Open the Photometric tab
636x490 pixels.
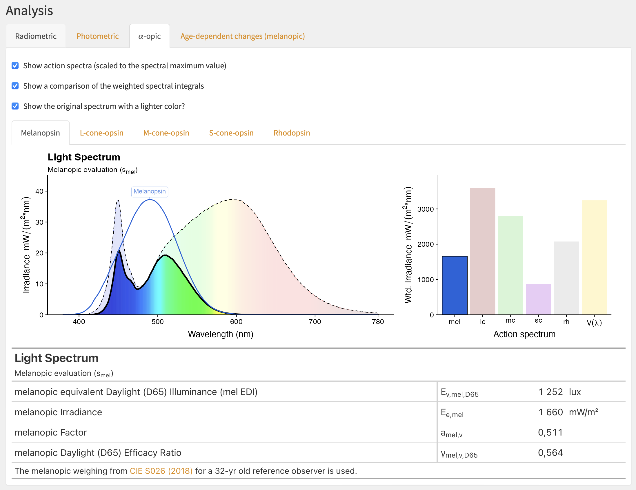pyautogui.click(x=97, y=36)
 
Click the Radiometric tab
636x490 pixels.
pyautogui.click(x=36, y=36)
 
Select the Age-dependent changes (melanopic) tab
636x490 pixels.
pyautogui.click(x=242, y=36)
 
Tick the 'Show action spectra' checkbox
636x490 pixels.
pyautogui.click(x=15, y=65)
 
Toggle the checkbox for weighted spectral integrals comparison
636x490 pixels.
pyautogui.click(x=15, y=86)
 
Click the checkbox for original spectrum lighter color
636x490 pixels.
pyautogui.click(x=15, y=106)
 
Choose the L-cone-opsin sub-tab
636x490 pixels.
pyautogui.click(x=101, y=133)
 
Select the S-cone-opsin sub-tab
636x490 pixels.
pyautogui.click(x=231, y=133)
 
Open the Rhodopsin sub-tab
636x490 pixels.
pyautogui.click(x=292, y=133)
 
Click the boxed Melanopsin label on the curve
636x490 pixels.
pyautogui.click(x=150, y=191)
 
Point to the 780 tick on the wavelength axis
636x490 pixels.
pyautogui.click(x=378, y=321)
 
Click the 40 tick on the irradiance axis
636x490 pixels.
pyautogui.click(x=39, y=191)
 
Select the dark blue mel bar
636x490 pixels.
pyautogui.click(x=455, y=285)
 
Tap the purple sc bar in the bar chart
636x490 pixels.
pyautogui.click(x=538, y=299)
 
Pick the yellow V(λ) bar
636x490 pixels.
pyautogui.click(x=594, y=257)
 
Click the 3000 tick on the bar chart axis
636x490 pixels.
pyautogui.click(x=426, y=209)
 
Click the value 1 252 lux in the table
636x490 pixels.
pyautogui.click(x=559, y=392)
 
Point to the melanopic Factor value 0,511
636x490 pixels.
pyautogui.click(x=550, y=432)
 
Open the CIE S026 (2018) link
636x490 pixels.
pyautogui.click(x=161, y=471)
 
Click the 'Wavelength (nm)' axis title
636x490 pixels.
pyautogui.click(x=220, y=334)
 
